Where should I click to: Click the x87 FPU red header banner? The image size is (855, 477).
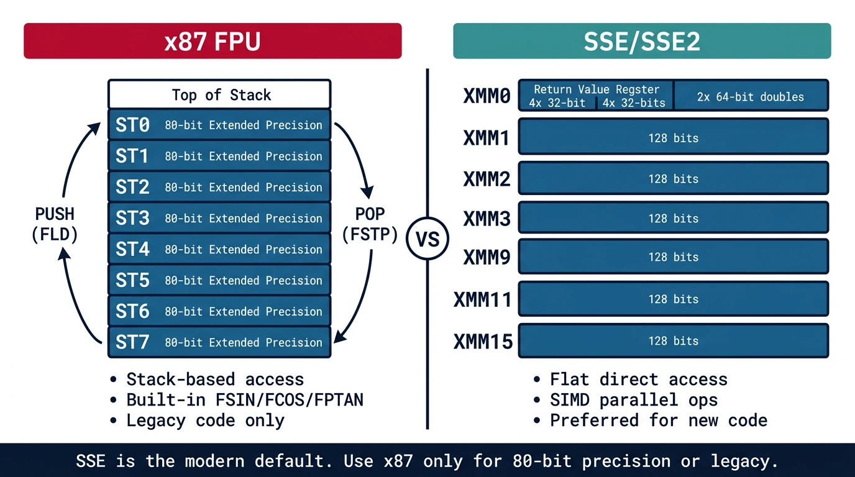213,41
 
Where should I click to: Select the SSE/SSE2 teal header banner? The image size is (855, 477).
642,41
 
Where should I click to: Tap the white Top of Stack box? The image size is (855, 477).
219,95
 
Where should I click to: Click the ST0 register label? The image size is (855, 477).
132,125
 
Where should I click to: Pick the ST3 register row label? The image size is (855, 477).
132,219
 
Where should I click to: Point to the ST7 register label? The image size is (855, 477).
132,343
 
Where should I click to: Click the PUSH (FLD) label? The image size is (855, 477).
55,224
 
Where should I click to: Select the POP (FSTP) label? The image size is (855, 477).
370,224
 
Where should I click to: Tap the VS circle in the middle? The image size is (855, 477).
428,239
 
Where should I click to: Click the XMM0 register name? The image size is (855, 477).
487,96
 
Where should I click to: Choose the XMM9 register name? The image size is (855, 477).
487,257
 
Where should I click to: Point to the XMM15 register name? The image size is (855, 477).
483,341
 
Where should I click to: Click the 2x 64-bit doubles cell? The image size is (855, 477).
750,97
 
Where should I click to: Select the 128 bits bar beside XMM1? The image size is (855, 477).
673,138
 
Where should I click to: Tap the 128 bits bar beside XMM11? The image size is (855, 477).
673,299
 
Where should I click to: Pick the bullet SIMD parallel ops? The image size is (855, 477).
633,400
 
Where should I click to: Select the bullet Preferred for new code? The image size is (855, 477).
658,420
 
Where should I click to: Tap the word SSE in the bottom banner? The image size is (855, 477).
91,461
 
